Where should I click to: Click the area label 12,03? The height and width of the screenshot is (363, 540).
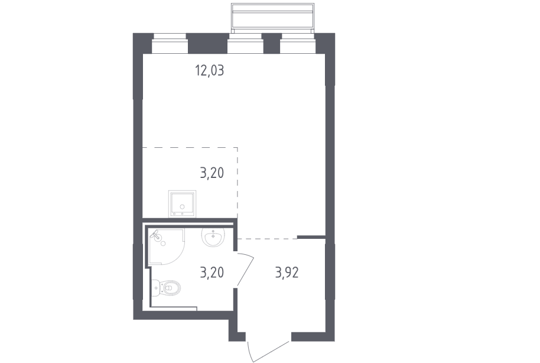coord(209,71)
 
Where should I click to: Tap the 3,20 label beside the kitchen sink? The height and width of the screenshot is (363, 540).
coord(212,173)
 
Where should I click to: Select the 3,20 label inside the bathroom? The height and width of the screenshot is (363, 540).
coord(212,273)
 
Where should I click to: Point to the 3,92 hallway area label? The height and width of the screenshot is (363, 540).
coord(287,273)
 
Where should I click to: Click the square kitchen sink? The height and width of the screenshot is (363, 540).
coord(182,204)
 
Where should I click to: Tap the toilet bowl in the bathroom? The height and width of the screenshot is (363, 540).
coord(171,287)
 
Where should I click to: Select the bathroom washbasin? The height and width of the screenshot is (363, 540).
coord(213,238)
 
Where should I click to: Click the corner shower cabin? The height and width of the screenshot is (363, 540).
coord(167,247)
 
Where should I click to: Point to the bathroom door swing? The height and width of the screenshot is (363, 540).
coord(245,269)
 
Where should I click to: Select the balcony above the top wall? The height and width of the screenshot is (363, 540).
coord(272,17)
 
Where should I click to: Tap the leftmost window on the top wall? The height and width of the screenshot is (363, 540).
coord(170,44)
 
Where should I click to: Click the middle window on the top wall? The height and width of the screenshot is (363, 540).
coord(246,44)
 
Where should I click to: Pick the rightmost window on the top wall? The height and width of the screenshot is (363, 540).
coord(298,44)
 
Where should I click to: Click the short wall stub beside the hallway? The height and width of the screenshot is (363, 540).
coord(311,237)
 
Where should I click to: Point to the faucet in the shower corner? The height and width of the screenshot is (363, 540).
coord(157,235)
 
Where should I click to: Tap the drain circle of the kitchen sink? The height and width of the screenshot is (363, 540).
coord(182,207)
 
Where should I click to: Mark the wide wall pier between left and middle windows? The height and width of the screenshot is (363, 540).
coord(207,44)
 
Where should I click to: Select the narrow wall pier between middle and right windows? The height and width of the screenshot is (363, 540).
coord(272,44)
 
